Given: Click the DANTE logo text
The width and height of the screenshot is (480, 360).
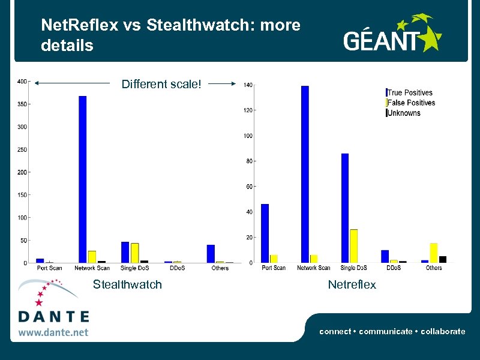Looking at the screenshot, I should (x=53, y=316).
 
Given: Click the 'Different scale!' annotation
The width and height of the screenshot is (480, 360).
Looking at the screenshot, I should (x=161, y=84).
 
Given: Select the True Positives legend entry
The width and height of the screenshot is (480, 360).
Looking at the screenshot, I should (x=410, y=92).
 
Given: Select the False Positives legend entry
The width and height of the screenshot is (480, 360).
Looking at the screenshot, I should (x=411, y=103).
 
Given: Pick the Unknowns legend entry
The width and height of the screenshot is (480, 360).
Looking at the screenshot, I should (x=404, y=113).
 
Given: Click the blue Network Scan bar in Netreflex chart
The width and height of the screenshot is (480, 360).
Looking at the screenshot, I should (x=305, y=174).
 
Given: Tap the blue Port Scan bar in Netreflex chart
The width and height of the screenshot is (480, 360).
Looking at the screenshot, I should (x=265, y=233).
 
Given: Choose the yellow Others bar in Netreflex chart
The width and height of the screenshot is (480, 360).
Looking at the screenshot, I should (x=433, y=252).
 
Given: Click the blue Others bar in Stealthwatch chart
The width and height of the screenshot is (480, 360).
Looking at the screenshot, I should (x=211, y=253).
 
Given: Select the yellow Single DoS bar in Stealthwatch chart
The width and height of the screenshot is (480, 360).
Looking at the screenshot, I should (x=135, y=253).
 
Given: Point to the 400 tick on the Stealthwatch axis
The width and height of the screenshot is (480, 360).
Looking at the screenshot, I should (x=22, y=82).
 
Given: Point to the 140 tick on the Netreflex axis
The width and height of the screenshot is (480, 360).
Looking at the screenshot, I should (x=248, y=85).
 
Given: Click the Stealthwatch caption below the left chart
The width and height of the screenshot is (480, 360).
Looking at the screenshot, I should (x=127, y=284).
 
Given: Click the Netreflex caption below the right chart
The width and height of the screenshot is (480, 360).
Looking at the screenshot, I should (x=352, y=284).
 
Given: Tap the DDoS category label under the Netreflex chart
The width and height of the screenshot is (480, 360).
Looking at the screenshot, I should (x=394, y=268).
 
